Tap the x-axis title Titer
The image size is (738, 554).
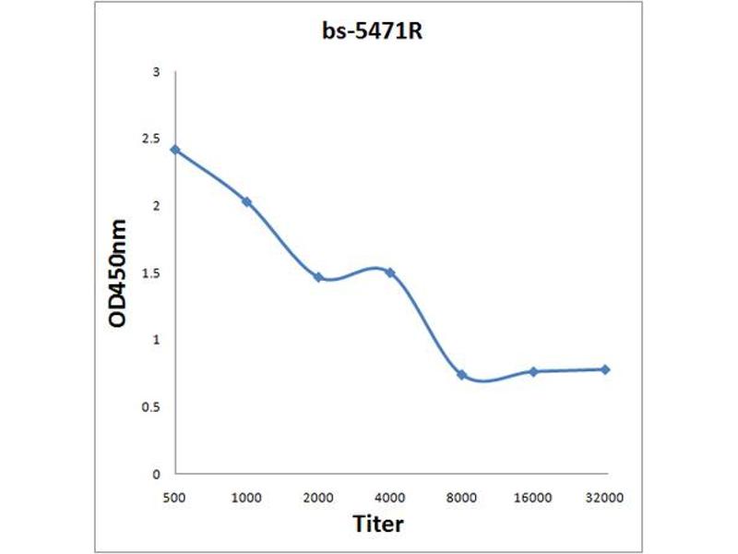click(378, 524)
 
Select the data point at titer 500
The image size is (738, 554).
click(175, 150)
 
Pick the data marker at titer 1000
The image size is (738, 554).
click(246, 201)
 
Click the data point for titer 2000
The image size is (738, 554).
click(318, 277)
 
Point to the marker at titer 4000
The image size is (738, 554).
click(390, 272)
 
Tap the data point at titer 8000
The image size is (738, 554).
click(461, 375)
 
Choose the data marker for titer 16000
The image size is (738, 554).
click(533, 371)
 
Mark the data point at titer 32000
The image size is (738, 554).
click(605, 369)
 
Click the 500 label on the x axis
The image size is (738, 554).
click(174, 497)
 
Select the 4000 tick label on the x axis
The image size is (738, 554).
click(390, 497)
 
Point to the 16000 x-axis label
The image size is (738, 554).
click(533, 497)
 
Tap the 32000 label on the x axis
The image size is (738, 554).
click(605, 497)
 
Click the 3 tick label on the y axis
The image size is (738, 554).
click(157, 72)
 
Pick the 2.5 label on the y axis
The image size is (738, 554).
click(151, 138)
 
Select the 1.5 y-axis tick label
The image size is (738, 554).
click(151, 273)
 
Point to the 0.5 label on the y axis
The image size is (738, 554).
click(151, 407)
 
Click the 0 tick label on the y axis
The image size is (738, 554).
click(157, 474)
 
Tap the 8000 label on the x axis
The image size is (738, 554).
click(461, 497)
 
